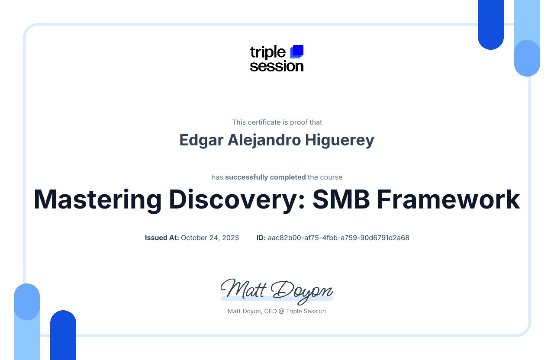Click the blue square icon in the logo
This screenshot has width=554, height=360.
click(297, 51)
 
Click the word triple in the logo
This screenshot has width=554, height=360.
click(268, 52)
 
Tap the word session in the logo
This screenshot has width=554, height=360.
click(277, 66)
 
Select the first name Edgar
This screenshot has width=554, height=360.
click(201, 141)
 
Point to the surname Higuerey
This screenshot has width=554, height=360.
click(340, 141)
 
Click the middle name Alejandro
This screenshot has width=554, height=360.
click(264, 141)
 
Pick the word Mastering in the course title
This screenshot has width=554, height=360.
click(98, 200)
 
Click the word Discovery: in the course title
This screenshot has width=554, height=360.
click(237, 200)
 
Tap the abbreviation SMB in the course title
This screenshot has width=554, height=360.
click(341, 199)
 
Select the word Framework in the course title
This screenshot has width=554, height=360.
click(448, 199)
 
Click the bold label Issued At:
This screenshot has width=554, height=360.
click(162, 238)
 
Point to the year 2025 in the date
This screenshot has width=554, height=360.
click(231, 238)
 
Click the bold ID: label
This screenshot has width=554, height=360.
click(261, 238)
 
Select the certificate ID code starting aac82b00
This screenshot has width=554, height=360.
click(338, 238)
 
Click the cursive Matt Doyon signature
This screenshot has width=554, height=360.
click(277, 291)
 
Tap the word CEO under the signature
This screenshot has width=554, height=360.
click(271, 311)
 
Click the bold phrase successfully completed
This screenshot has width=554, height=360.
click(265, 177)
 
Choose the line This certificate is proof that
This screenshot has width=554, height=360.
click(277, 122)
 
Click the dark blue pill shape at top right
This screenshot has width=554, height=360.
click(491, 25)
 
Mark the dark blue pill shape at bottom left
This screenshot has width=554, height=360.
click(63, 335)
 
